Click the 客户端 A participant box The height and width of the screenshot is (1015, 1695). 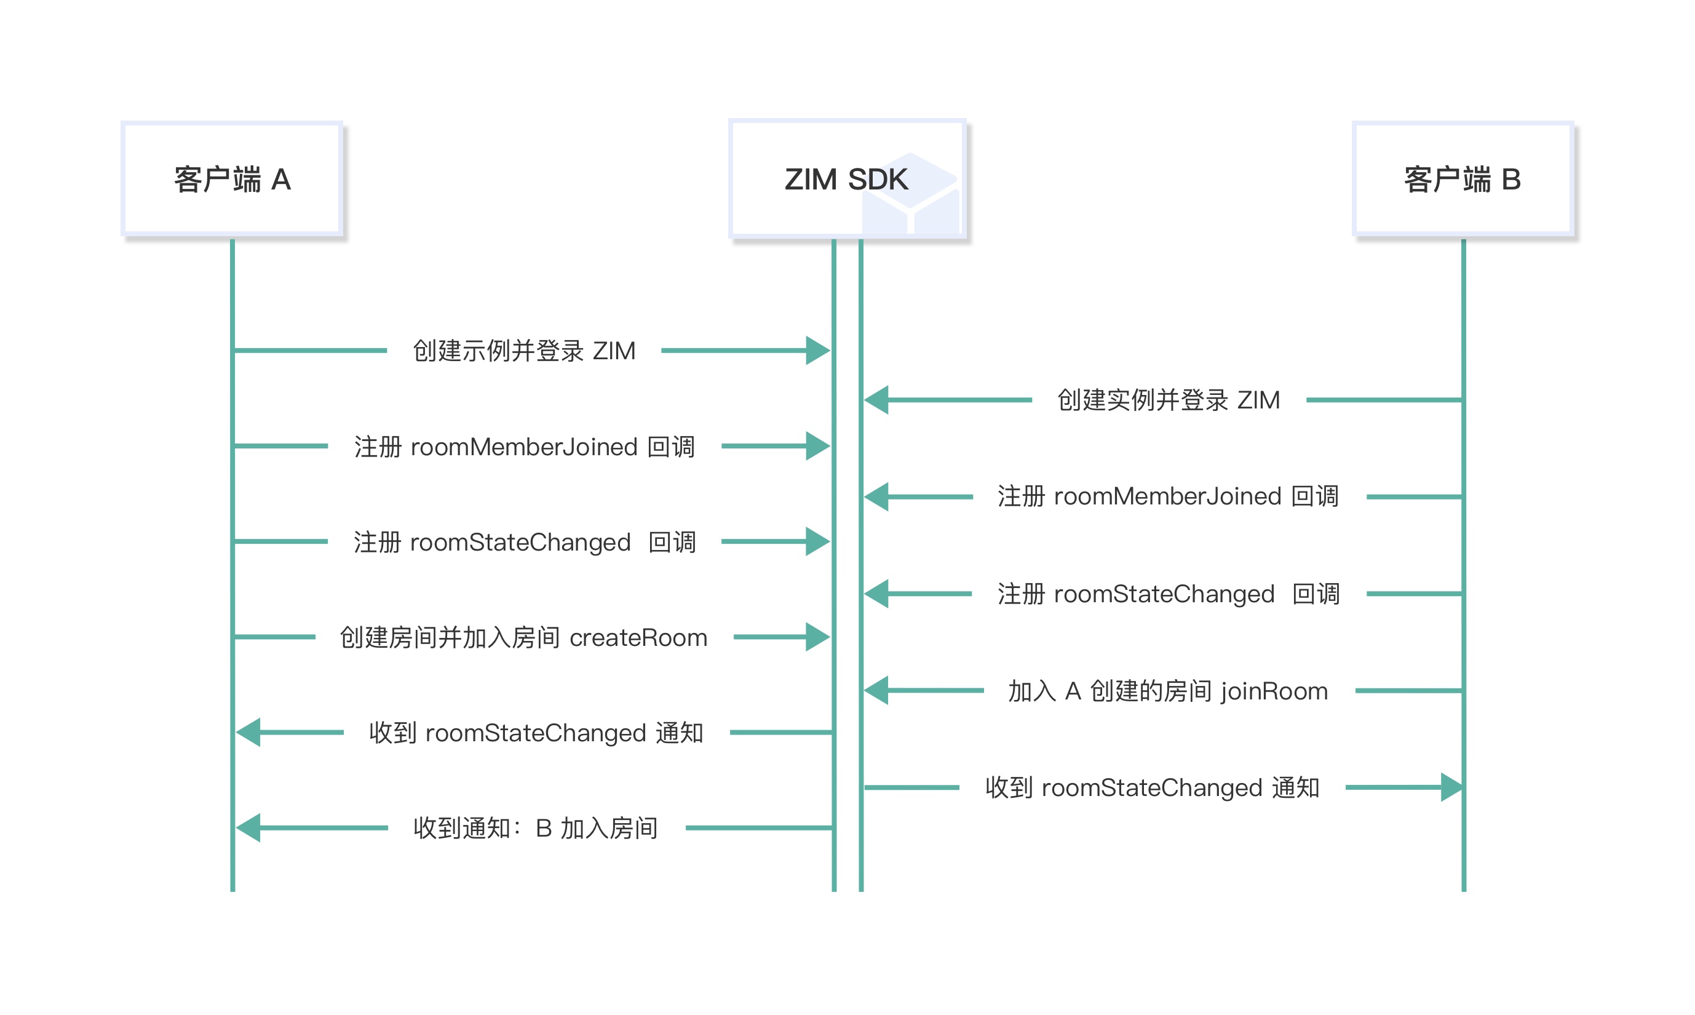[x=232, y=179]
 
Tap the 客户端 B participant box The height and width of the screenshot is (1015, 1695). [x=1463, y=179]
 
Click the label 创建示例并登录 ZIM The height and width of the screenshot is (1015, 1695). [x=524, y=351]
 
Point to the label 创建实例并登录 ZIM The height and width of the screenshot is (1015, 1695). [x=1169, y=400]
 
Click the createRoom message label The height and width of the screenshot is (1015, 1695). [x=524, y=637]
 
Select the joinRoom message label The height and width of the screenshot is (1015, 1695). [x=1169, y=691]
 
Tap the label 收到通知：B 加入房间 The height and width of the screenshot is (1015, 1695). [x=535, y=828]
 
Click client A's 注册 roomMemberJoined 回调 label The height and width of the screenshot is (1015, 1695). [x=524, y=447]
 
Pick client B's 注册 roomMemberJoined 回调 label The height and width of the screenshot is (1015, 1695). [x=1169, y=496]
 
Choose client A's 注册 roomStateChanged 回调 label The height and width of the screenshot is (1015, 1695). [x=524, y=542]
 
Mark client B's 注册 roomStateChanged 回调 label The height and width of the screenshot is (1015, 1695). [x=1169, y=594]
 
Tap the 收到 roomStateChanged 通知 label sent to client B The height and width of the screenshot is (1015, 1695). [x=1152, y=788]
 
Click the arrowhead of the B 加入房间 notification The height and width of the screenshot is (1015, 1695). [x=249, y=827]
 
